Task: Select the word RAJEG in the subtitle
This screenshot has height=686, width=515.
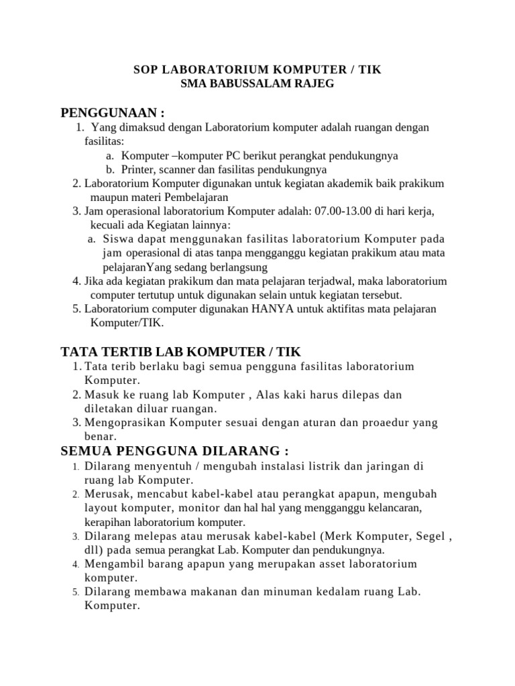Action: point(315,83)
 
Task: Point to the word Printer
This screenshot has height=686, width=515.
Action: point(139,169)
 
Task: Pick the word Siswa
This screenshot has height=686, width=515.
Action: point(119,239)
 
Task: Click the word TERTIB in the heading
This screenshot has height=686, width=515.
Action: point(135,351)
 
